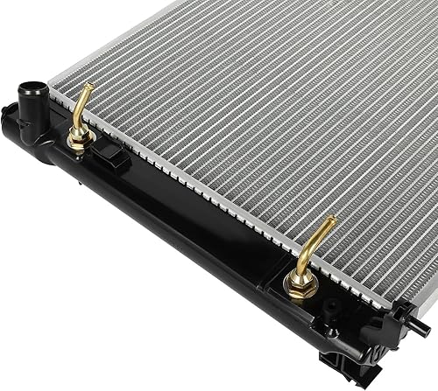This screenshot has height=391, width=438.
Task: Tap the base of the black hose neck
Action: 33,118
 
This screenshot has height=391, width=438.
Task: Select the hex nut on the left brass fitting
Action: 77,133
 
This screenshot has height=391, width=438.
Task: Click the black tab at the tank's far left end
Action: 9,112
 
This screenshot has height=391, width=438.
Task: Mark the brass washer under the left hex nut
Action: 77,143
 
